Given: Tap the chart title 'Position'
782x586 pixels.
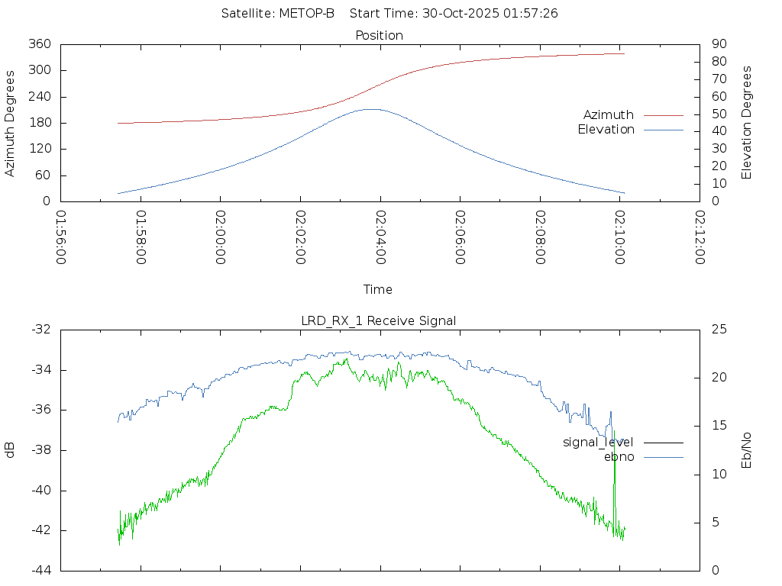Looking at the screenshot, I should pos(380,35).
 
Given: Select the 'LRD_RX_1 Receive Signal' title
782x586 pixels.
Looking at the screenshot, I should pos(379,320).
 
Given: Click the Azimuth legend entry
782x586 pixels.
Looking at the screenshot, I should pos(609,114).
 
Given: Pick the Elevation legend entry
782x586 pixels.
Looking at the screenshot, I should pos(606,130).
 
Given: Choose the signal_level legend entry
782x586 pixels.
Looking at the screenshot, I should pos(598,442).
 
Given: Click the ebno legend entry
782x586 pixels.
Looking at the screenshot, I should pos(619,456).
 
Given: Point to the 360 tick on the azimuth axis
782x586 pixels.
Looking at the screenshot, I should pos(39,44).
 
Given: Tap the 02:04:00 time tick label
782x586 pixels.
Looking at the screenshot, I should pos(380,237).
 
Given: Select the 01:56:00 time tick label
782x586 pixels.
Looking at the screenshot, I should pos(61,237).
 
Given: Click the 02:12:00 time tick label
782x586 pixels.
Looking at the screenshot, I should pos(700,237).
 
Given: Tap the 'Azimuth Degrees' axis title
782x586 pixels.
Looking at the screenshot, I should pos(11,123).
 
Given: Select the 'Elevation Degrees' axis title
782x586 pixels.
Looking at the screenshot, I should pos(747,123).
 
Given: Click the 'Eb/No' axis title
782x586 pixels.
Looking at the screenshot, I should pos(747,450).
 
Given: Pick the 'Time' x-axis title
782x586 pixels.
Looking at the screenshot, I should pos(378,289).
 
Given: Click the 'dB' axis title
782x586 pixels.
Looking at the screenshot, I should pos(11,450).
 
